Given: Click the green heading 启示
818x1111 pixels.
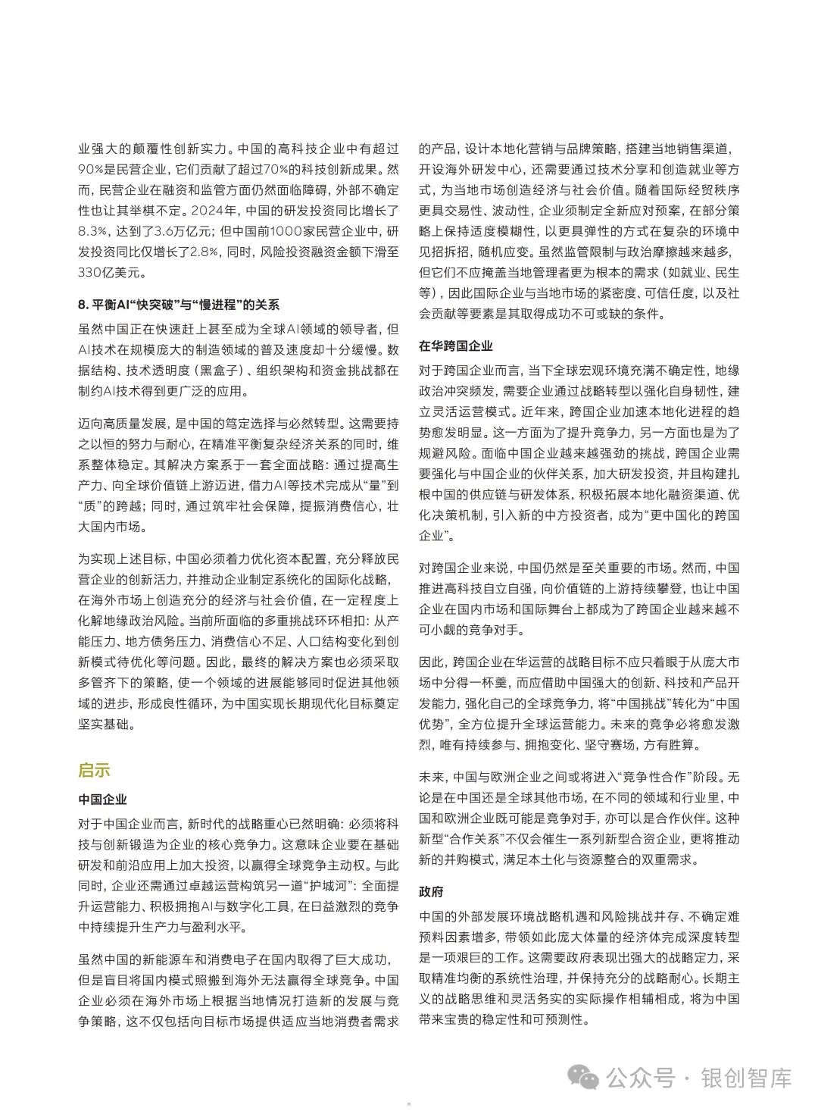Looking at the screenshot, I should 94,771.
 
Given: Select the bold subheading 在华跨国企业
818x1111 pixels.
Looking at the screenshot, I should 456,346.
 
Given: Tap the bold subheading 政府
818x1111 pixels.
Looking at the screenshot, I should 431,892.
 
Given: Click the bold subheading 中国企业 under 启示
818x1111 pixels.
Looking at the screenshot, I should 102,800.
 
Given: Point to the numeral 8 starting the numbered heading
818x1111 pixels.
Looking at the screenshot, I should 82,305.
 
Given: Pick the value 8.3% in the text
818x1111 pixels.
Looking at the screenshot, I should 94,231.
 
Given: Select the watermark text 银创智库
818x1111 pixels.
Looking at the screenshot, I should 745,1077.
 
